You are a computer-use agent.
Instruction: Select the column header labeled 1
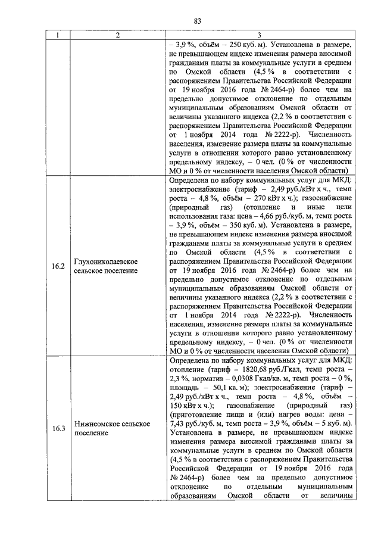[x=58, y=35]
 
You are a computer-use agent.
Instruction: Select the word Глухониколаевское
[x=106, y=261]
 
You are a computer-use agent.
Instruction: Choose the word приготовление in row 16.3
[x=198, y=415]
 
